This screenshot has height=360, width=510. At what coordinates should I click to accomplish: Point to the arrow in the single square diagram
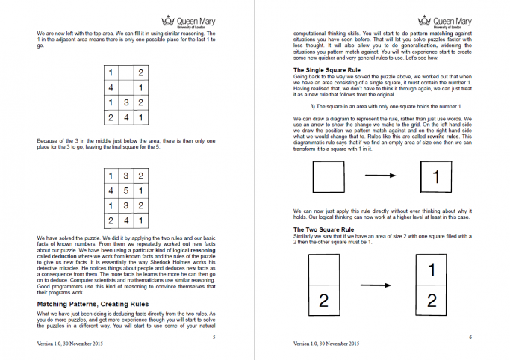click(x=381, y=177)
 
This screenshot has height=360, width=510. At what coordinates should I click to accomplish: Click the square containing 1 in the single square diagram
click(x=437, y=178)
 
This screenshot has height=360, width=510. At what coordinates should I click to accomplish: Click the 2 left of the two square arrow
click(x=324, y=301)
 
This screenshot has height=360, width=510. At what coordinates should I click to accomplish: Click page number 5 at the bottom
click(x=214, y=338)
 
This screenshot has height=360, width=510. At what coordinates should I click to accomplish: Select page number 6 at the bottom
click(x=470, y=338)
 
